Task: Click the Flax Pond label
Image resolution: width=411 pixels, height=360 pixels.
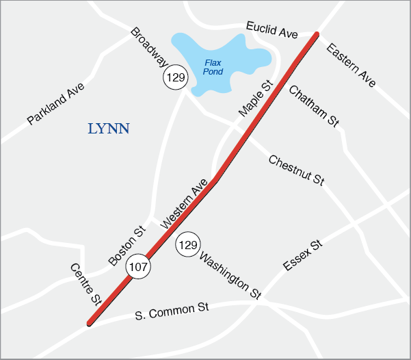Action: (x=213, y=67)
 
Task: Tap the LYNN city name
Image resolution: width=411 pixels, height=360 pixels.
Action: (x=109, y=128)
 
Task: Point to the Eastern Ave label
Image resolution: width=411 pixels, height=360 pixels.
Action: (x=351, y=65)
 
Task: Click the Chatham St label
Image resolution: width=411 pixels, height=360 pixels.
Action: (x=314, y=105)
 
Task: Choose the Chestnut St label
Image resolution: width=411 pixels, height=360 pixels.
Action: (x=296, y=170)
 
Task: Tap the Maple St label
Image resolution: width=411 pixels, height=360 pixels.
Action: (x=255, y=98)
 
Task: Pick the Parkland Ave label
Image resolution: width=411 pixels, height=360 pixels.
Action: (x=55, y=104)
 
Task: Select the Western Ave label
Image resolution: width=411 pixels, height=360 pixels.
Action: (x=183, y=208)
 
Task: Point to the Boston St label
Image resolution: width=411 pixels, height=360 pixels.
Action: (x=127, y=246)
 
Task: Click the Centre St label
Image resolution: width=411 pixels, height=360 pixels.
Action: (x=85, y=283)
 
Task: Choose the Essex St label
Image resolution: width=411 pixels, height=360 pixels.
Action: (x=302, y=255)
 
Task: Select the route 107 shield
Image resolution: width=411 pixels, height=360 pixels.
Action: (x=137, y=267)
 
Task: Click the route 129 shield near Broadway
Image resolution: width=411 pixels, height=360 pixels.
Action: (x=175, y=77)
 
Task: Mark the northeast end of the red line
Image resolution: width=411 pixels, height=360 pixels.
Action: (x=316, y=34)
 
